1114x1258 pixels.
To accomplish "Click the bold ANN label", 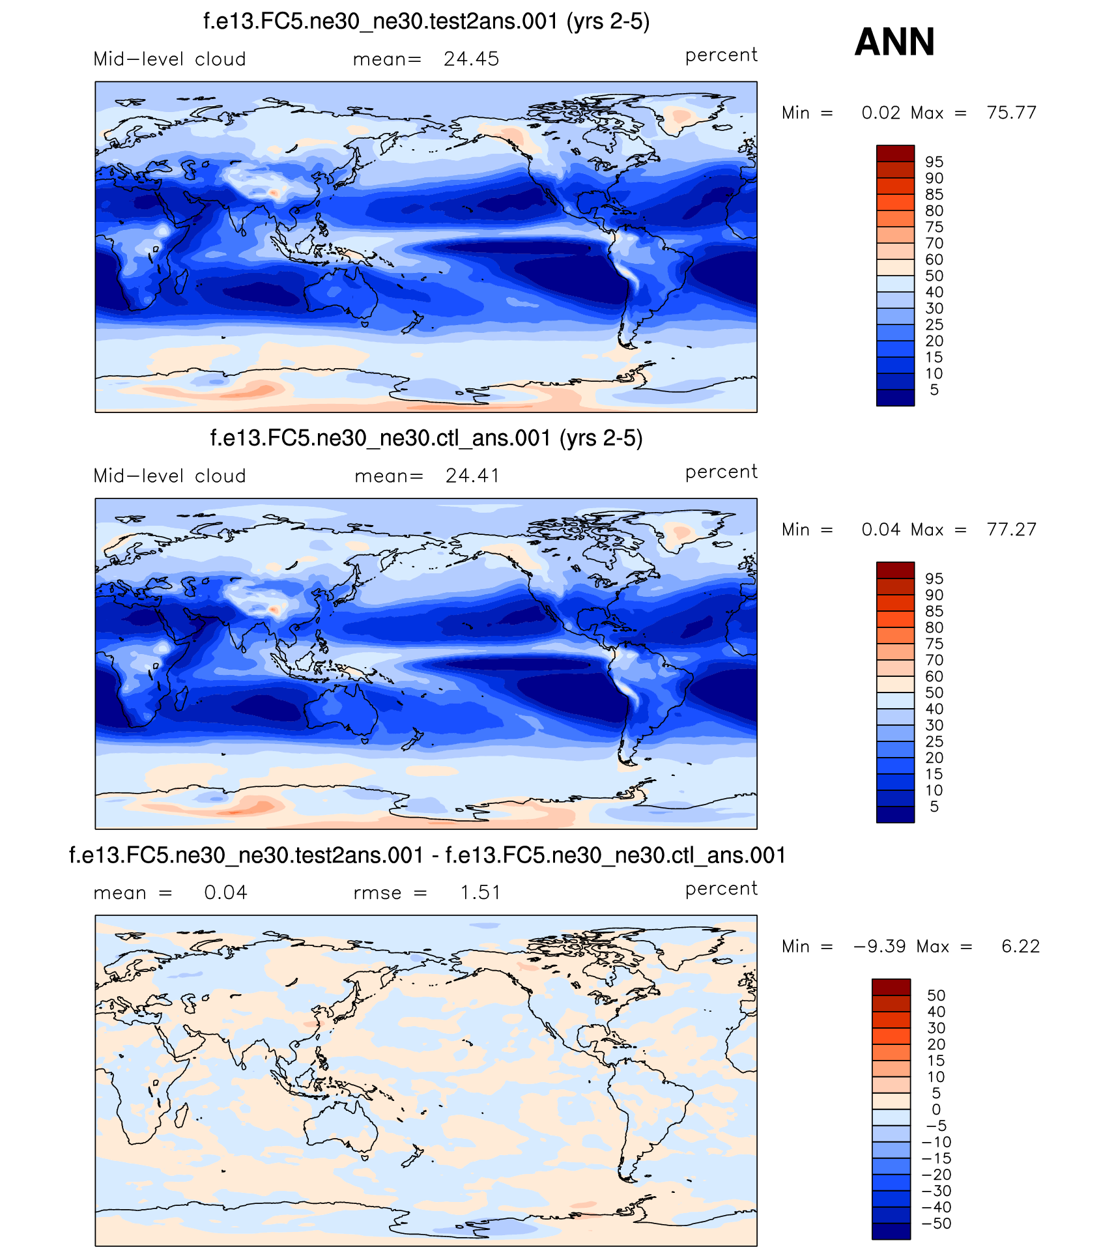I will (x=894, y=42).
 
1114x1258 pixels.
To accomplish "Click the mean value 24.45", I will (x=471, y=59).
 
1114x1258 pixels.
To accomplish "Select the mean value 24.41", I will (x=472, y=476).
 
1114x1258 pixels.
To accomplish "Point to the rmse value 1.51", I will (x=480, y=893).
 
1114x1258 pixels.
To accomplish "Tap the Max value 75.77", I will (x=1011, y=113).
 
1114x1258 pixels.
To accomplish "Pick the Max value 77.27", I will (x=1011, y=530).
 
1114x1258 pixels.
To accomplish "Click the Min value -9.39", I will (x=879, y=947).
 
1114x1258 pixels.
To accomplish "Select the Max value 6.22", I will (x=1020, y=947).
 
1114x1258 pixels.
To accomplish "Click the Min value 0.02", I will (x=881, y=113).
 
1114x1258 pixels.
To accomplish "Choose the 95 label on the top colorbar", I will (x=934, y=162).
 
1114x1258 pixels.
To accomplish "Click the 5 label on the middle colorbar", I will (x=934, y=807).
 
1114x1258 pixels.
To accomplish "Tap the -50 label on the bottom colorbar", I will (x=936, y=1223).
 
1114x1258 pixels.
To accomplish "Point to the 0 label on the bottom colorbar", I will (x=936, y=1109).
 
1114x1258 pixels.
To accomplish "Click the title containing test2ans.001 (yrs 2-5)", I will (x=426, y=21).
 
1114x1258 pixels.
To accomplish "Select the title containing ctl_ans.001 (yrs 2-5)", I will (x=426, y=438).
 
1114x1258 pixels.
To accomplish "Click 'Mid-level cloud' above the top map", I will (x=169, y=59).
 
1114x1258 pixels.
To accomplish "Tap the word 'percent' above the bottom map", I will (x=721, y=889).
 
